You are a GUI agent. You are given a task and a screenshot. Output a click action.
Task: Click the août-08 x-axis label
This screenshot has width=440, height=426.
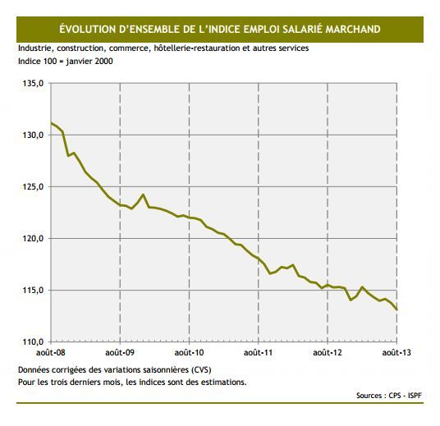pyautogui.click(x=51, y=352)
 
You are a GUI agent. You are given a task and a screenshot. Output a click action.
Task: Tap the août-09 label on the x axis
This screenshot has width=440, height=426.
pyautogui.click(x=120, y=352)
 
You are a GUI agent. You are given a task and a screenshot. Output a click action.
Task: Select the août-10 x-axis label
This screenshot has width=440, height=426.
pyautogui.click(x=189, y=352)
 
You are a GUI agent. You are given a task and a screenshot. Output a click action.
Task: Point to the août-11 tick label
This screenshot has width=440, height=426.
pyautogui.click(x=259, y=352)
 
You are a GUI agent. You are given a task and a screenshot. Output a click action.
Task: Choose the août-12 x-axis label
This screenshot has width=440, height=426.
pyautogui.click(x=328, y=352)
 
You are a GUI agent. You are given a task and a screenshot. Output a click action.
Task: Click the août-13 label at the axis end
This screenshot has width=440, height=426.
pyautogui.click(x=396, y=352)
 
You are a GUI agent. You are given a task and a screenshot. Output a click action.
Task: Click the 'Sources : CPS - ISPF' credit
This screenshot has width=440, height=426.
pyautogui.click(x=390, y=396)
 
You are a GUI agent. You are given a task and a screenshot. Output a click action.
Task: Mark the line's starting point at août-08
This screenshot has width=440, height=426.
pyautogui.click(x=51, y=123)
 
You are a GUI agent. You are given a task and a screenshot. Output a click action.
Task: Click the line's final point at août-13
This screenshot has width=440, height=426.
pyautogui.click(x=397, y=309)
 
